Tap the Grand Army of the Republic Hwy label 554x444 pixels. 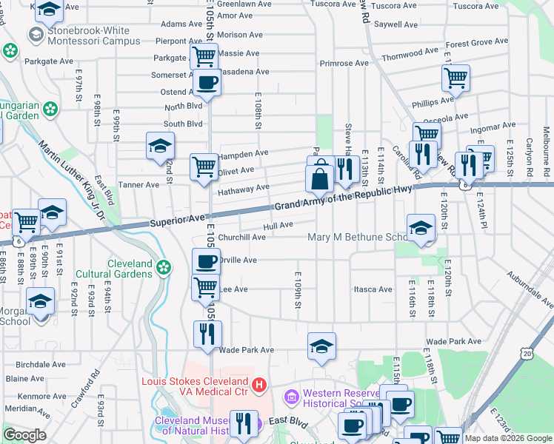pos(342,198)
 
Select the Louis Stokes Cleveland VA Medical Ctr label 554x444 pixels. pos(196,386)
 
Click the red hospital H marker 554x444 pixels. pos(258,385)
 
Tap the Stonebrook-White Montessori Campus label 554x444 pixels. pos(93,36)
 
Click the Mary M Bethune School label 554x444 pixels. pos(358,237)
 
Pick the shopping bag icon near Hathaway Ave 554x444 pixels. pos(319,180)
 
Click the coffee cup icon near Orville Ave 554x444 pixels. pos(206,260)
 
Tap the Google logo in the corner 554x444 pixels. pos(24,435)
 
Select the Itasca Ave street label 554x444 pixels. pos(372,289)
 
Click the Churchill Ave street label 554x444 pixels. pos(241,237)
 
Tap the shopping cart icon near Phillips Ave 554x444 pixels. pos(455,76)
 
